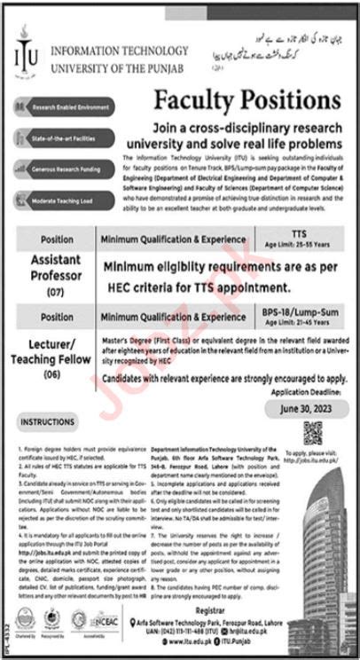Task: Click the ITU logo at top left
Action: pos(27,57)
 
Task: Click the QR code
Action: pos(313,432)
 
